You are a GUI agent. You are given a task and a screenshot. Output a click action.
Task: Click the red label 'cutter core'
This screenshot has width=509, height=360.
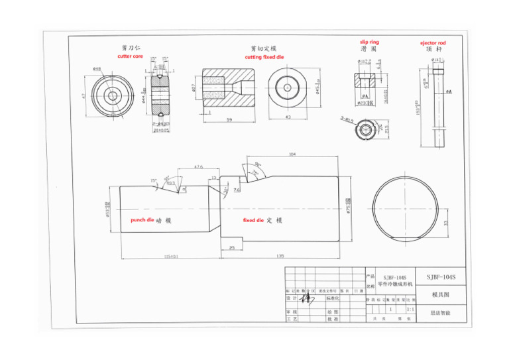pyautogui.click(x=130, y=57)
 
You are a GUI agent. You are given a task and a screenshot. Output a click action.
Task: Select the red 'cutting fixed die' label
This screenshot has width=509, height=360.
pyautogui.click(x=262, y=57)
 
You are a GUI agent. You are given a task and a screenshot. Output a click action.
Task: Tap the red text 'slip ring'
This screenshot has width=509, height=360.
pyautogui.click(x=369, y=42)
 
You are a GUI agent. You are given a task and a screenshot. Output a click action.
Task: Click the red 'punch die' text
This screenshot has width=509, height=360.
pyautogui.click(x=142, y=219)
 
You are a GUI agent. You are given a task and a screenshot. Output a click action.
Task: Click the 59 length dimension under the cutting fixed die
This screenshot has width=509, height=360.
pyautogui.click(x=230, y=119)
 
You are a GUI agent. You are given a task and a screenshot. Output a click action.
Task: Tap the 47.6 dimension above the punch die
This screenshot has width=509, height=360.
pyautogui.click(x=198, y=167)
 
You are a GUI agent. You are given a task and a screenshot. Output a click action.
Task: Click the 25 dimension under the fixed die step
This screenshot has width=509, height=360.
pyautogui.click(x=231, y=247)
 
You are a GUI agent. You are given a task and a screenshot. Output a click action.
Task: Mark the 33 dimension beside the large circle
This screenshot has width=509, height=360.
pyautogui.click(x=445, y=222)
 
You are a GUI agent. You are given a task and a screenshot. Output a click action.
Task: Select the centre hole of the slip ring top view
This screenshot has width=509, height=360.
pyautogui.click(x=365, y=131)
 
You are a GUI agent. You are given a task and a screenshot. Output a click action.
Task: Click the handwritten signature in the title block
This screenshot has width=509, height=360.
pyautogui.click(x=308, y=298)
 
